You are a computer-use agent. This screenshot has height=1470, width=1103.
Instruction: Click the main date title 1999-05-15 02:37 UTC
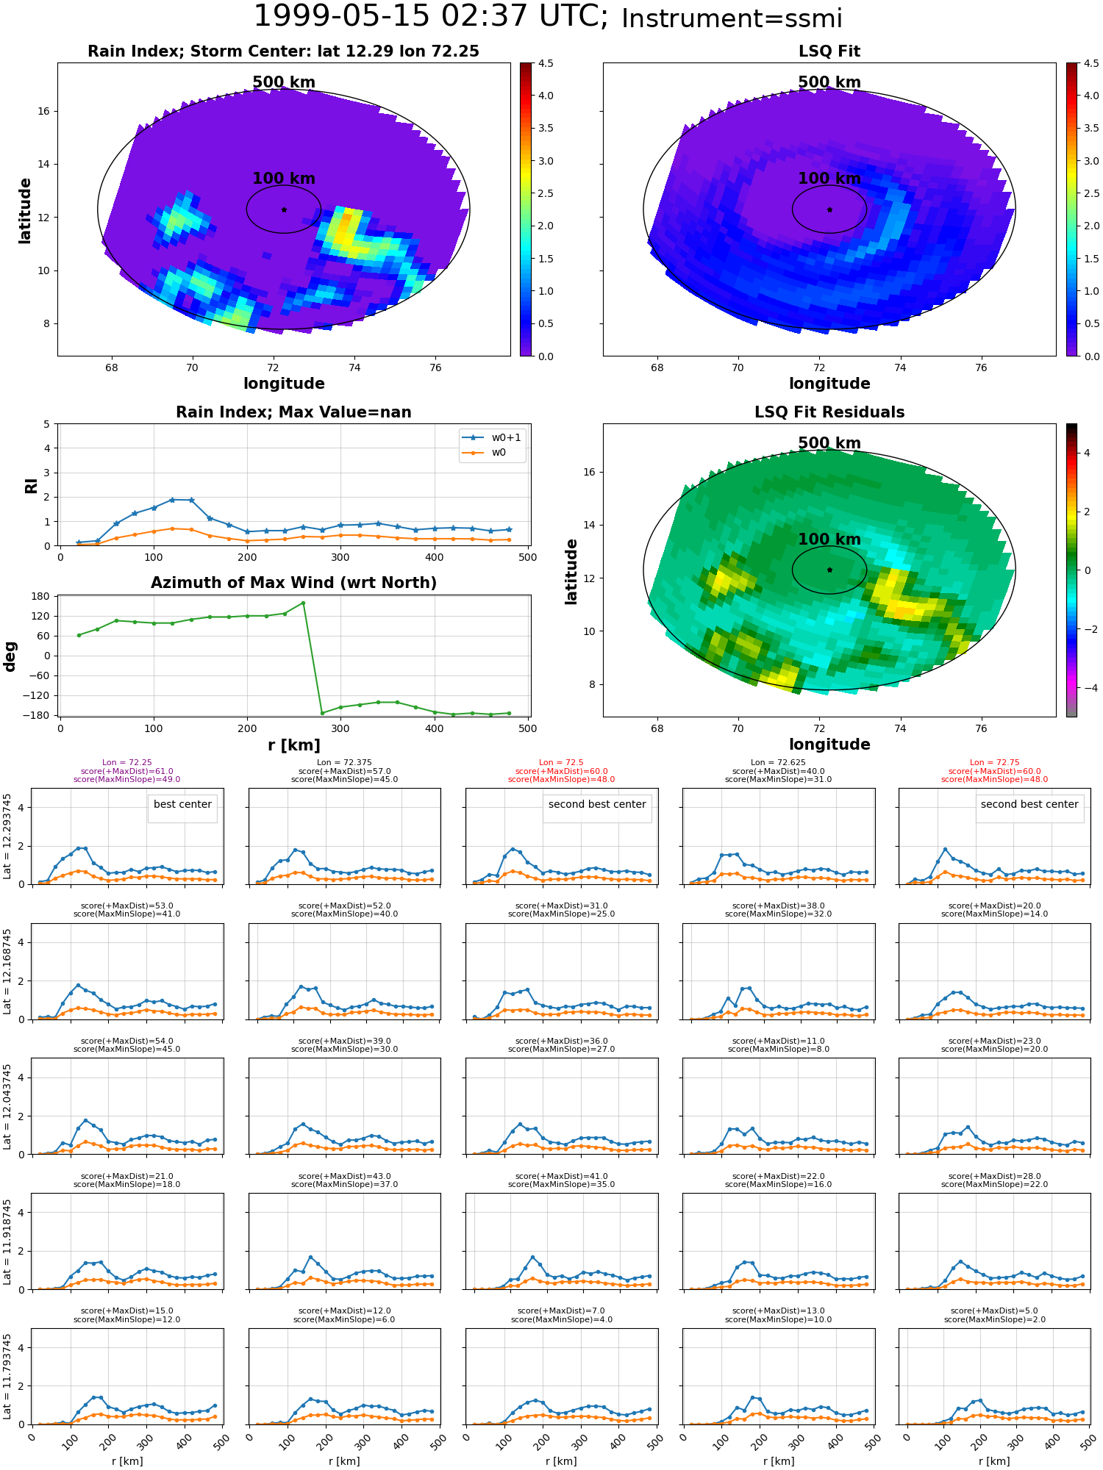431,16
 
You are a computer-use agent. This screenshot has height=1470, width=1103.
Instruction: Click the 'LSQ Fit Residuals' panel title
829,412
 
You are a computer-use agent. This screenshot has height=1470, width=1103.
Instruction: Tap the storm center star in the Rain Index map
284,209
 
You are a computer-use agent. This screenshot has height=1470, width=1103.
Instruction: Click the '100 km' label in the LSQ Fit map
829,179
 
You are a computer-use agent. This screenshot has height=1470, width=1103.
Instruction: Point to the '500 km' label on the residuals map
829,443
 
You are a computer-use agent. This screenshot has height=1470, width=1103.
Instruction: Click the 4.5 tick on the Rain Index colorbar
546,63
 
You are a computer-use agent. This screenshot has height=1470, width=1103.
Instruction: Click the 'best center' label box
182,805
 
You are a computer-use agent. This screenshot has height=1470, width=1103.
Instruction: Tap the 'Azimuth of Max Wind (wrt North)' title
293,583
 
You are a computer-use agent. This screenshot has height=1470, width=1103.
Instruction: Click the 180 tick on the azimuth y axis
41,596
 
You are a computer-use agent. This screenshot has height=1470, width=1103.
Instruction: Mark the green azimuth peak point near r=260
303,603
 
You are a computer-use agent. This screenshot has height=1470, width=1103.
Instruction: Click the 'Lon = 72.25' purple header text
126,763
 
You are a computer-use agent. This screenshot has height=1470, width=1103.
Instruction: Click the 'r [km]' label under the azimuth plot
293,745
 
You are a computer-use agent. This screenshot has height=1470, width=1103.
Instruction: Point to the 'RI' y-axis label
32,486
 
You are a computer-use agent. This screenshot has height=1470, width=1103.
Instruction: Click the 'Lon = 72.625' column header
779,763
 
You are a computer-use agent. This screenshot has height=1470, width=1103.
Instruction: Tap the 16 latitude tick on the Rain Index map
44,112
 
